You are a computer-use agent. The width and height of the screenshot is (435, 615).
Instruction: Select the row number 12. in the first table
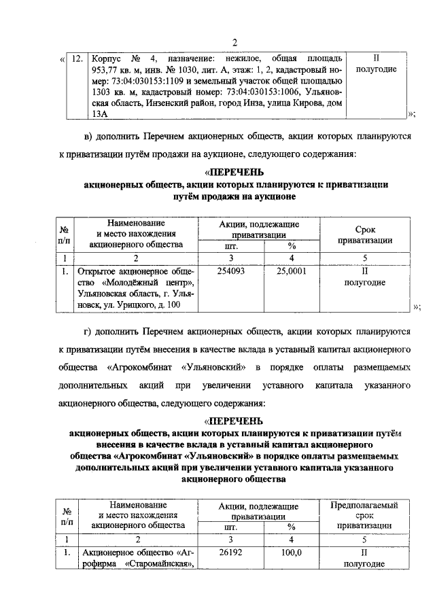(78, 59)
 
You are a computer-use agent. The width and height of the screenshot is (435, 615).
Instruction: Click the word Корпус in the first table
(107, 59)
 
